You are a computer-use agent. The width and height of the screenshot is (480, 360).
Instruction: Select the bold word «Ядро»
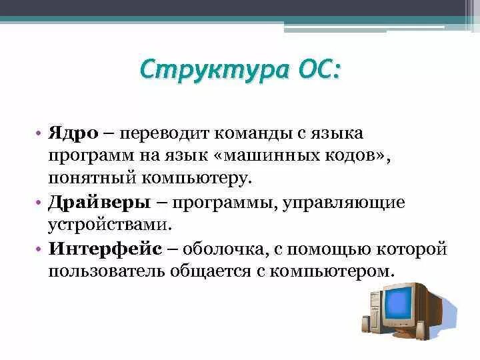coord(73,133)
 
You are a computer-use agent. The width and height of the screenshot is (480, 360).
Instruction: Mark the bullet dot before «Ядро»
coord(40,134)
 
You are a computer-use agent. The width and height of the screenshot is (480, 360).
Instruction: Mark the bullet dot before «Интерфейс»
coord(40,249)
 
